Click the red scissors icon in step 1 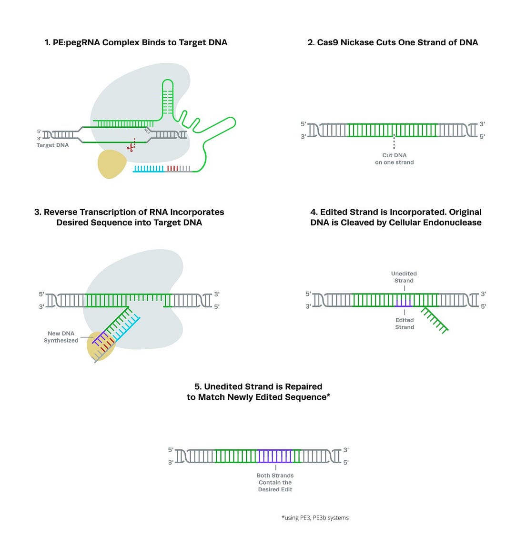[x=130, y=147]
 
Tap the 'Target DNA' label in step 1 [x=52, y=145]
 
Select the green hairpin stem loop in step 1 [x=168, y=98]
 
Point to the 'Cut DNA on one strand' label [x=394, y=159]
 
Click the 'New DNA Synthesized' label [x=61, y=337]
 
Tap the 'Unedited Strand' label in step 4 [x=404, y=277]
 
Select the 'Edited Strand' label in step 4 [x=404, y=324]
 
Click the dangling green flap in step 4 [x=434, y=319]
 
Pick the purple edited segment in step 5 [x=274, y=457]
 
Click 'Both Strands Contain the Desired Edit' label [x=275, y=482]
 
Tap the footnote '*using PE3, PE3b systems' [x=315, y=518]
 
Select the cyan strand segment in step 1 [x=149, y=169]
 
